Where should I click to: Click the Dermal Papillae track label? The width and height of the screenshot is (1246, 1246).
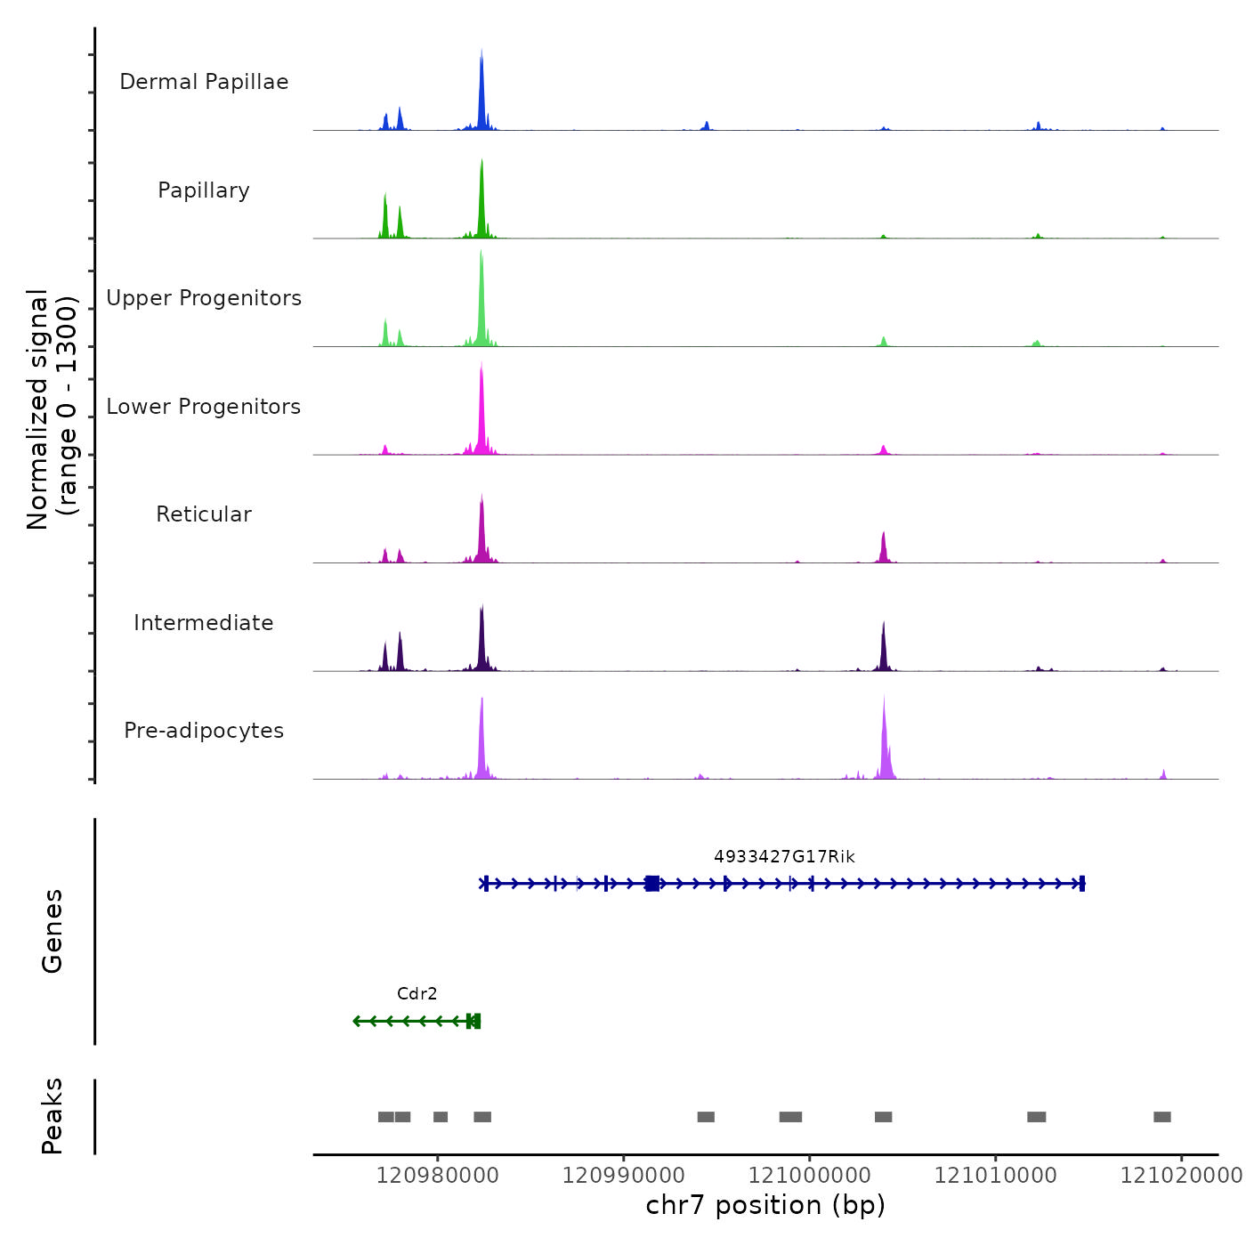click(x=204, y=82)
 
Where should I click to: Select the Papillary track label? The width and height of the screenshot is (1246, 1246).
click(x=204, y=190)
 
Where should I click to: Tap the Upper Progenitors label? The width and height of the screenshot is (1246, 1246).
click(x=204, y=298)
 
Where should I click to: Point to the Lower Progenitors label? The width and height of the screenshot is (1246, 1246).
click(x=204, y=407)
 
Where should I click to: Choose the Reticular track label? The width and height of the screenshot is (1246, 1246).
click(x=204, y=514)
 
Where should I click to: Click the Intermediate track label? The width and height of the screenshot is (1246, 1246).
click(x=204, y=623)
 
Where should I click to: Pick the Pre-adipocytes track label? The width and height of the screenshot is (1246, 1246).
click(x=204, y=731)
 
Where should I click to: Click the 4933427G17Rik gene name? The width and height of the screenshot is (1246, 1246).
click(x=784, y=857)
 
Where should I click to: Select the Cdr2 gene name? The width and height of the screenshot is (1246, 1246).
click(x=417, y=994)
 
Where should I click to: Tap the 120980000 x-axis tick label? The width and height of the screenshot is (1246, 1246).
click(x=437, y=1176)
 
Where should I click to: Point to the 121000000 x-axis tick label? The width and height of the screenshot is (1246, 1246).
click(x=810, y=1176)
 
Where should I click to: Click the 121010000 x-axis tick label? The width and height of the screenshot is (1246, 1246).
click(x=996, y=1176)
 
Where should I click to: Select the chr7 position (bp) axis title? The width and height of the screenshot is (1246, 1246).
click(x=765, y=1205)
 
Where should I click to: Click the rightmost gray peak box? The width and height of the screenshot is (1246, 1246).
click(x=1162, y=1117)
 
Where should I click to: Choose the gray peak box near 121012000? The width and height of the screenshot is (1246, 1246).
click(x=1037, y=1117)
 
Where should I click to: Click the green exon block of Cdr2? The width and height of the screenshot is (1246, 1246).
click(x=474, y=1021)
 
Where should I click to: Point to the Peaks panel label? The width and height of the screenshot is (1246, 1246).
click(x=52, y=1116)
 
